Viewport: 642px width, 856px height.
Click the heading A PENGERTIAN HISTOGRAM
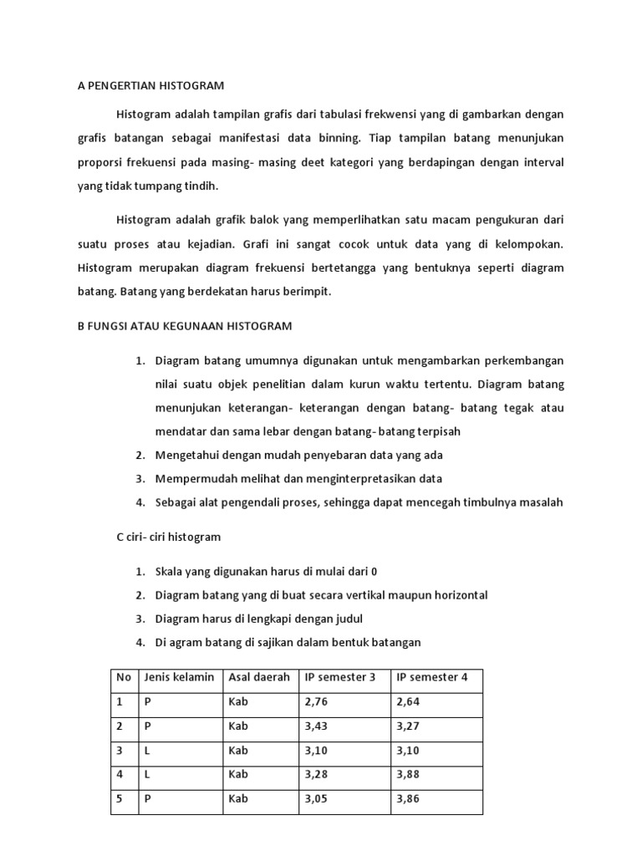tap(151, 85)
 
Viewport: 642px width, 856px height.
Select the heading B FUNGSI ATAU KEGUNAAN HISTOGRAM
tap(185, 325)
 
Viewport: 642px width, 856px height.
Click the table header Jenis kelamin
tap(179, 677)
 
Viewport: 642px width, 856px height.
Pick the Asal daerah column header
tap(259, 677)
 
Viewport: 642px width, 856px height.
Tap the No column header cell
tap(123, 677)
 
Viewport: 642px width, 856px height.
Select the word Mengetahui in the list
tap(186, 456)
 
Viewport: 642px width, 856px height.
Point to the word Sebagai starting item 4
tap(177, 502)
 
